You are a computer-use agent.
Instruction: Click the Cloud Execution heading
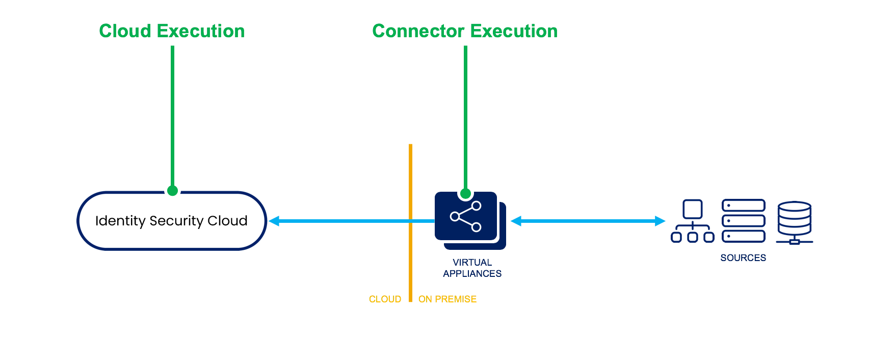[x=172, y=31]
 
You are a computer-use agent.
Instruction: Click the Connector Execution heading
[x=465, y=31]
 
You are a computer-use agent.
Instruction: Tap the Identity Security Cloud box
[x=172, y=221]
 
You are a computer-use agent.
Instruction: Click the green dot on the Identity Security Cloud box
[x=172, y=191]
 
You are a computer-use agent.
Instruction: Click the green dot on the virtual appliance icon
[x=465, y=193]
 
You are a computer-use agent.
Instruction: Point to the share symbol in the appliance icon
[x=466, y=217]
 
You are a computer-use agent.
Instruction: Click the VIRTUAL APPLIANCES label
[x=472, y=268]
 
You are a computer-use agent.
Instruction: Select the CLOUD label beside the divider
[x=385, y=299]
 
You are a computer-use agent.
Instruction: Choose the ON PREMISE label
[x=447, y=299]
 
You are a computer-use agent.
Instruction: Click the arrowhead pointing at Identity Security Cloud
[x=274, y=221]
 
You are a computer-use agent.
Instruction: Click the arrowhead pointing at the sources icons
[x=660, y=221]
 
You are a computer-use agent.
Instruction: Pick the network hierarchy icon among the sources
[x=693, y=221]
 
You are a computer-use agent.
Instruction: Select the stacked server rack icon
[x=744, y=221]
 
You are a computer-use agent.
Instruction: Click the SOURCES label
[x=743, y=258]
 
